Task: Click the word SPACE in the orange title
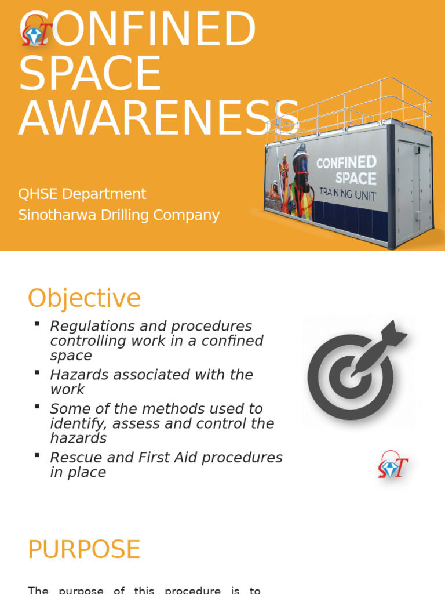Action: click(90, 73)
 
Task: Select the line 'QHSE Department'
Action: click(82, 194)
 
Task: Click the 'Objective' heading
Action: click(84, 298)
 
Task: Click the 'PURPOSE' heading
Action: click(84, 549)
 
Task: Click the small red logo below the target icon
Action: click(393, 466)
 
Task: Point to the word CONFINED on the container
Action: click(346, 162)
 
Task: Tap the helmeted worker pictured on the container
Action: click(300, 180)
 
